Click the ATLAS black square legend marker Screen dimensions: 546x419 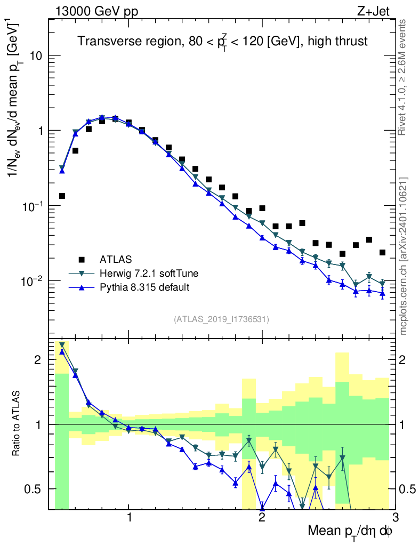(82, 260)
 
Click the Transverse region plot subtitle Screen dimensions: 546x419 (222, 41)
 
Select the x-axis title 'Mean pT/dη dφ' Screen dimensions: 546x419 (350, 532)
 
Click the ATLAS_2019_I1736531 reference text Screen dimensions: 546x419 (221, 319)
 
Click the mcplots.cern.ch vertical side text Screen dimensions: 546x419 (404, 256)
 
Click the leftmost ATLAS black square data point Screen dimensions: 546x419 (62, 196)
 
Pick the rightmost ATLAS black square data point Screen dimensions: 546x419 (382, 252)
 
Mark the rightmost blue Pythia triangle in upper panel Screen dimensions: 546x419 (382, 293)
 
